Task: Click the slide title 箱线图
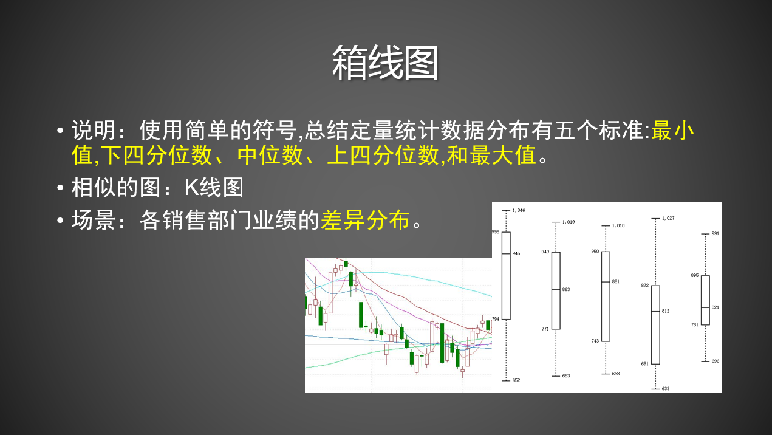(385, 63)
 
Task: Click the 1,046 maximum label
(519, 210)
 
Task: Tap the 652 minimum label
(516, 380)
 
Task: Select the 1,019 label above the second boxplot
(569, 222)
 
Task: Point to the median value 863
(566, 290)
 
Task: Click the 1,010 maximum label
(618, 226)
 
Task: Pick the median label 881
(615, 282)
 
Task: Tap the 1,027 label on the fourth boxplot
(668, 218)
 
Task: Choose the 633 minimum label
(666, 389)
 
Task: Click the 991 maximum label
(716, 234)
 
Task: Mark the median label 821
(716, 307)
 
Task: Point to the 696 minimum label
(716, 361)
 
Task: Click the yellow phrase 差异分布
(365, 220)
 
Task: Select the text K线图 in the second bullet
(214, 188)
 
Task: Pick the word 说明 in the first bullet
(94, 130)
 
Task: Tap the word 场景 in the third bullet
(94, 220)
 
